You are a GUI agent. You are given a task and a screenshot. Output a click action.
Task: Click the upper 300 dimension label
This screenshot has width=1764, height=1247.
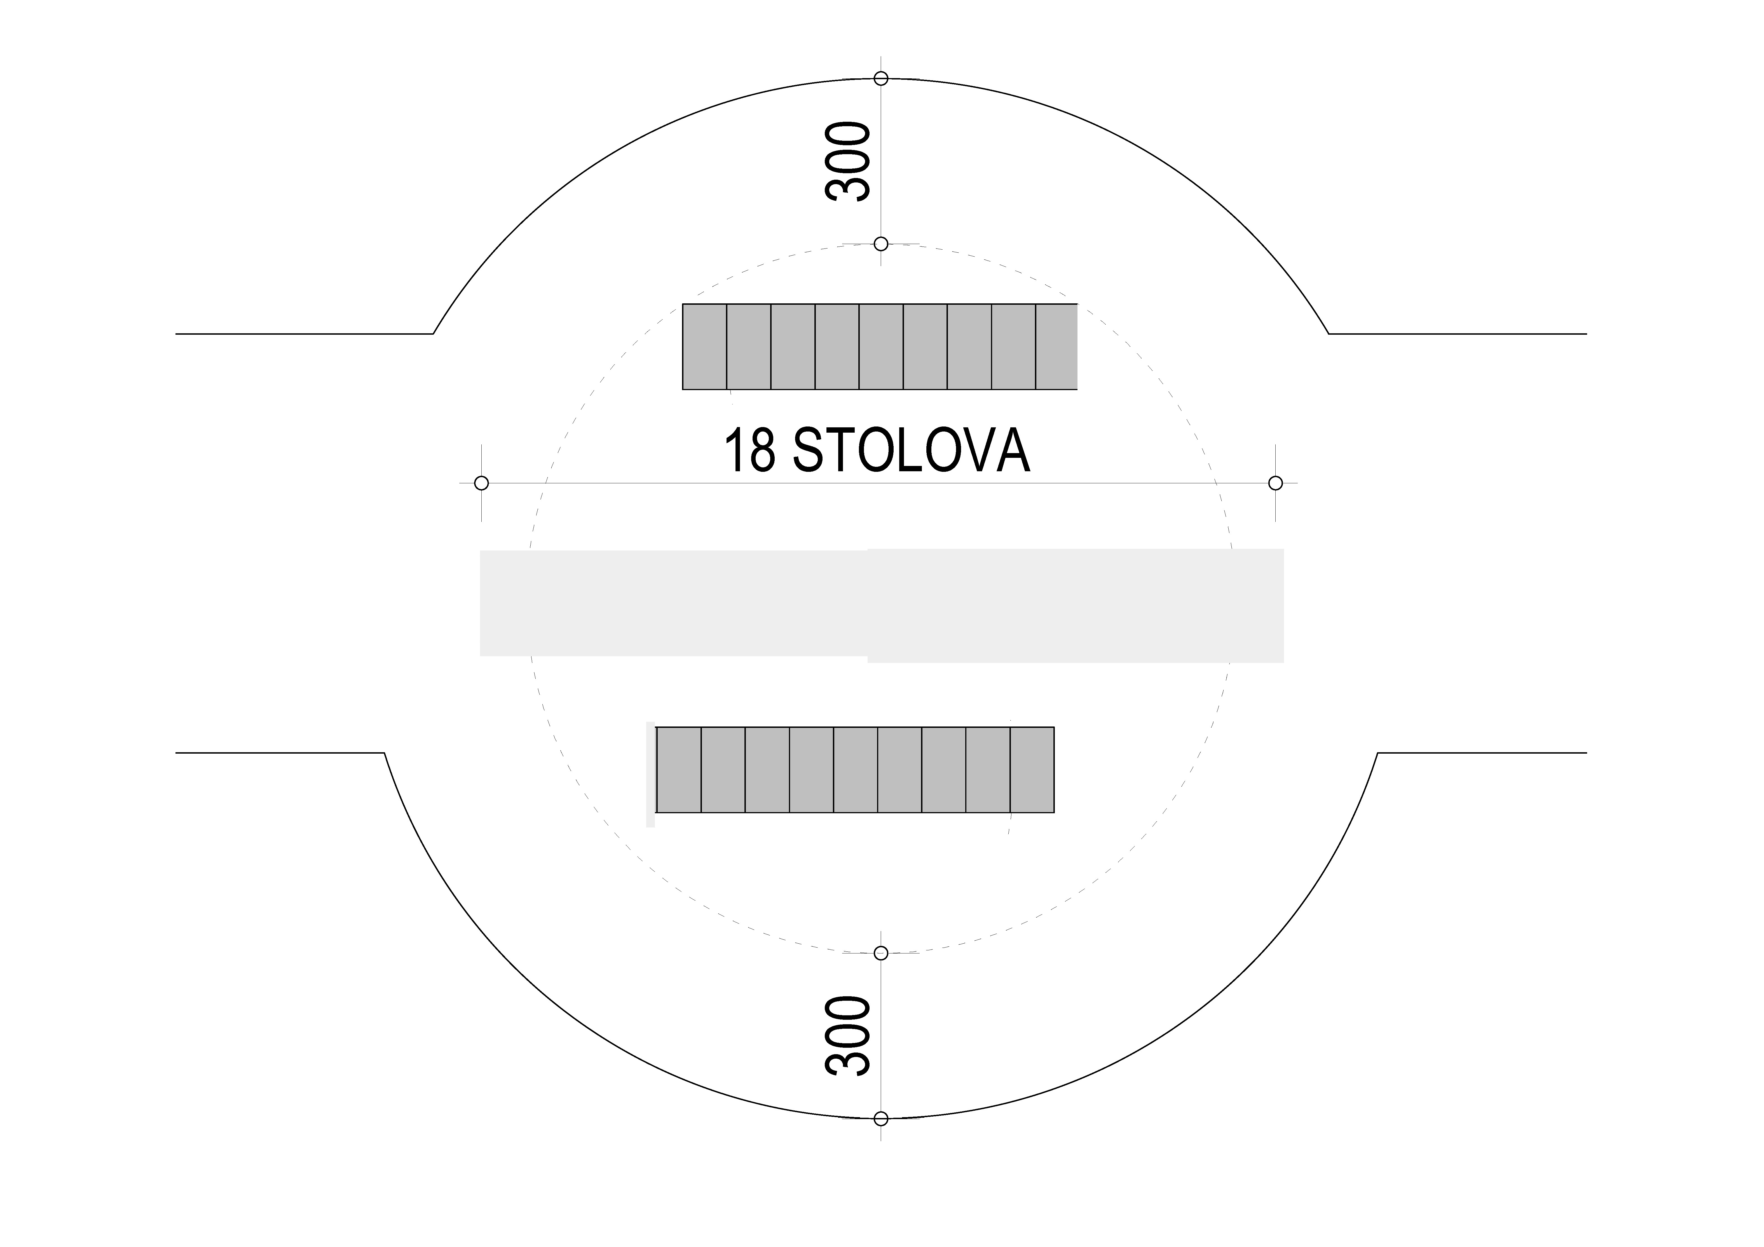848,161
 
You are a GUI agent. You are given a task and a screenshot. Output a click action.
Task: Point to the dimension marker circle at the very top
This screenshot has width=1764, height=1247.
881,78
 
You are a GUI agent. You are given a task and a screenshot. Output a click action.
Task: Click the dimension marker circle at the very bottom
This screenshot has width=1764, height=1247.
881,1119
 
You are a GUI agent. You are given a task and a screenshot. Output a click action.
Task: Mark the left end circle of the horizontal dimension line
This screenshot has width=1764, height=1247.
482,483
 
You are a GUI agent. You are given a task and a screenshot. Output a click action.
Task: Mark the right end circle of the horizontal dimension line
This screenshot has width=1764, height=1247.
1275,483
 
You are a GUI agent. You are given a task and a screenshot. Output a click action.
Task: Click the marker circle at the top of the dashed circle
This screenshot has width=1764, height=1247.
881,244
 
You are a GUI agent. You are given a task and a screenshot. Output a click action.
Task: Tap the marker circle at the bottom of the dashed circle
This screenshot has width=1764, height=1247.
881,953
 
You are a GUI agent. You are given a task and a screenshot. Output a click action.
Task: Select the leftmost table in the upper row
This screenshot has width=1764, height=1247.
704,346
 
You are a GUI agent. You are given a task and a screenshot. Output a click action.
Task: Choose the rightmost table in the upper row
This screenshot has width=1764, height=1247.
1056,346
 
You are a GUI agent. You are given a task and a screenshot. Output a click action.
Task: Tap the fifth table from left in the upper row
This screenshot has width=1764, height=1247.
881,346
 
